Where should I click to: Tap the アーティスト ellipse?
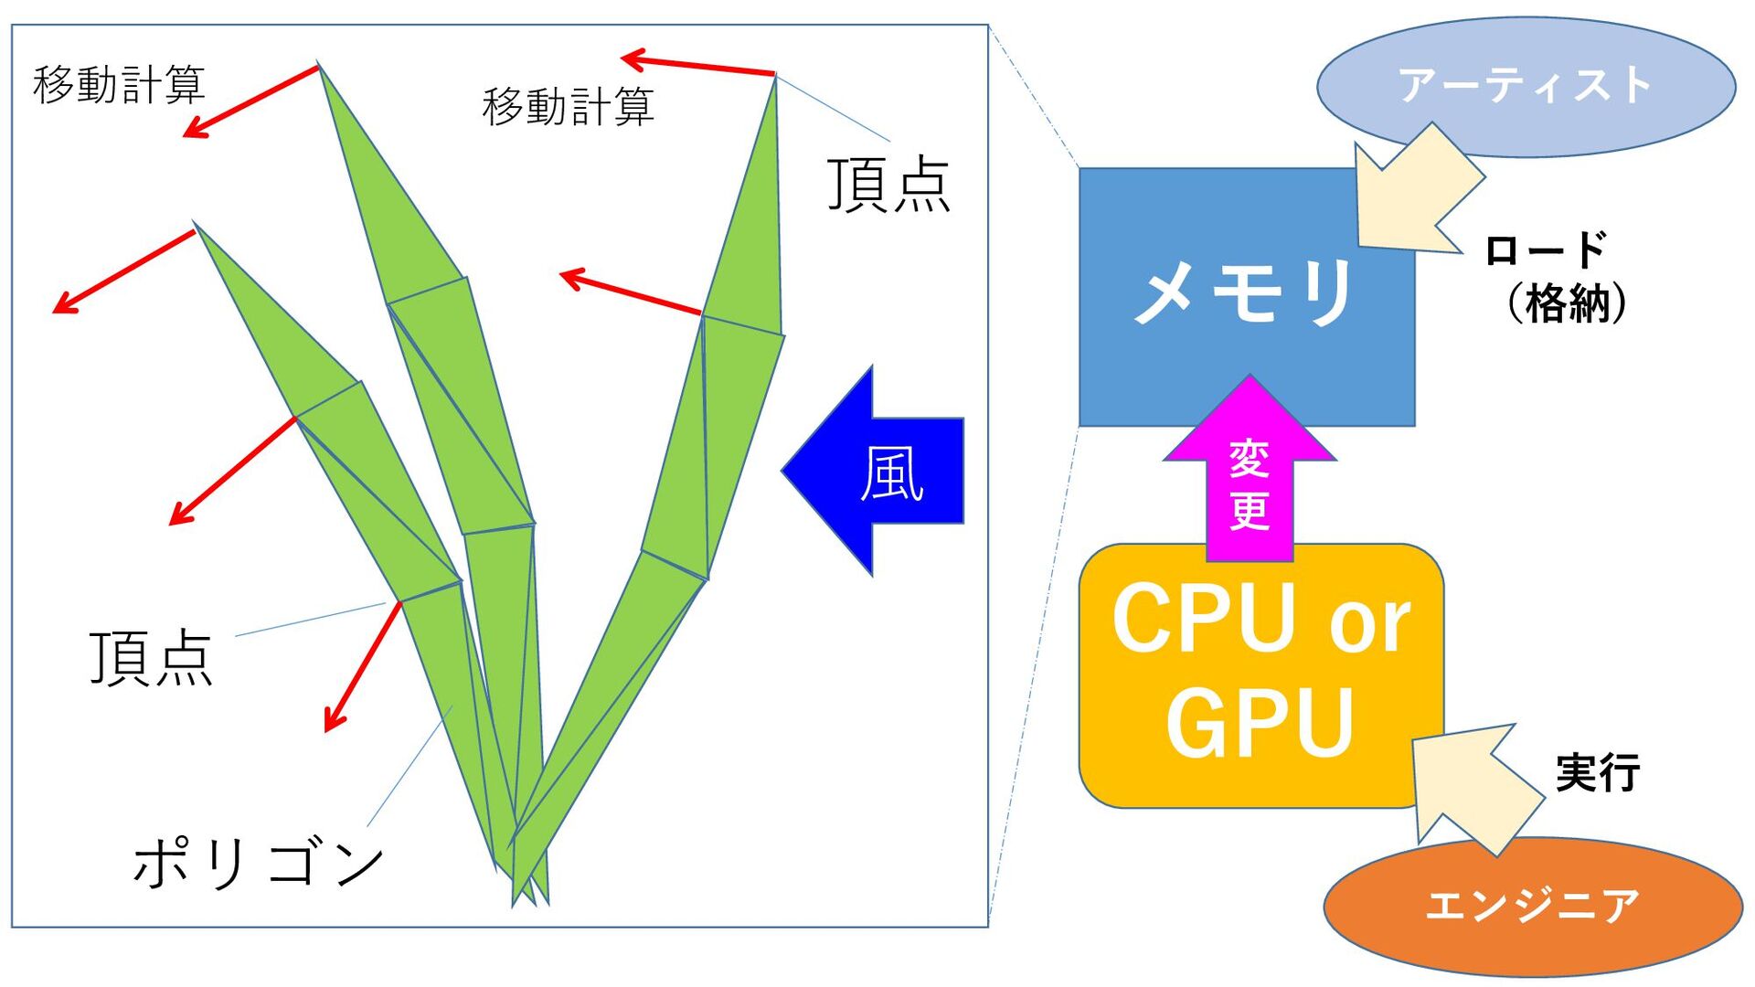tap(1525, 86)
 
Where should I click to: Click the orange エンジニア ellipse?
tap(1532, 905)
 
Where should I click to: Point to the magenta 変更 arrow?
tap(1249, 475)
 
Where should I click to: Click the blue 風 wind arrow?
tap(877, 472)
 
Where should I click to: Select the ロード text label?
tap(1545, 249)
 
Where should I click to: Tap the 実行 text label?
tap(1597, 773)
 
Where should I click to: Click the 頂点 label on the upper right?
tap(888, 186)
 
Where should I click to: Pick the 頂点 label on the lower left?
tap(151, 658)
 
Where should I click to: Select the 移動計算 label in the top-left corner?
tap(119, 85)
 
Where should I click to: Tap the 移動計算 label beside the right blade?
tap(568, 107)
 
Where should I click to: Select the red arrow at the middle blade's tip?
tap(250, 101)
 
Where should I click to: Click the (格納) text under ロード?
tap(1567, 302)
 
